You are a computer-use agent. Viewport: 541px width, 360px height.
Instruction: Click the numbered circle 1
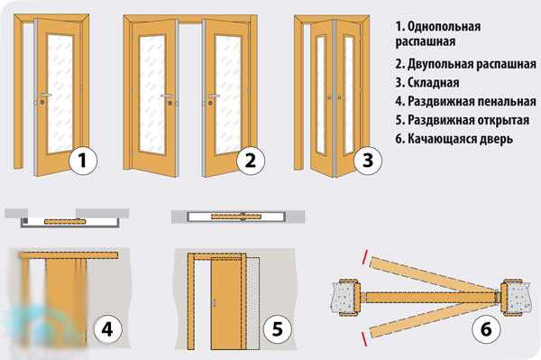(83, 161)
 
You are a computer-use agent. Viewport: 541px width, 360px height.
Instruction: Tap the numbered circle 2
(251, 161)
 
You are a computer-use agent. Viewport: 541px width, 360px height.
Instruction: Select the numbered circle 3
(368, 161)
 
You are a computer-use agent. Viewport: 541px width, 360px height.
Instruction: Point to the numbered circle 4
(107, 329)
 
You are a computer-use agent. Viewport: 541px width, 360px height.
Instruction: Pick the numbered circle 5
(278, 329)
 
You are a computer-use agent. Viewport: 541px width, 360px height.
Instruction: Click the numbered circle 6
(486, 329)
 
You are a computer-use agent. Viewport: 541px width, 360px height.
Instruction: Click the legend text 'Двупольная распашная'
(472, 64)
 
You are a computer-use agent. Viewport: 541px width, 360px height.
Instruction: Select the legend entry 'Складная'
(434, 83)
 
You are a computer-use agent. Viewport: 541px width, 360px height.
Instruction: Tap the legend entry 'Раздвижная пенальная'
(472, 101)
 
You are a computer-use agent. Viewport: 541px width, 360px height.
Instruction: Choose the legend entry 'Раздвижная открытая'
(469, 120)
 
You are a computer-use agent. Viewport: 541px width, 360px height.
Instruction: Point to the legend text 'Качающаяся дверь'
(460, 139)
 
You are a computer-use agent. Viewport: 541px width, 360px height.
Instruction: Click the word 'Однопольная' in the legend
(444, 26)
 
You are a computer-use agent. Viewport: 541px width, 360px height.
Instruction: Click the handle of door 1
(45, 95)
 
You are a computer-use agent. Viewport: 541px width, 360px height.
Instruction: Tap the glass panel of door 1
(60, 93)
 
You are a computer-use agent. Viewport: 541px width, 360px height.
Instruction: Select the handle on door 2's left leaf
(167, 96)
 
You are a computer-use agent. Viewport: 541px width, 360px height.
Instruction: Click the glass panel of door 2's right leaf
(228, 94)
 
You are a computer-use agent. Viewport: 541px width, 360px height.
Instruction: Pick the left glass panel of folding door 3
(321, 94)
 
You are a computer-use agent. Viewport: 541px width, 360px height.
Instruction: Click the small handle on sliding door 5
(215, 303)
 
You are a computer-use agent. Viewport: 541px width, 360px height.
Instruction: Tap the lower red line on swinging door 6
(364, 339)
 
